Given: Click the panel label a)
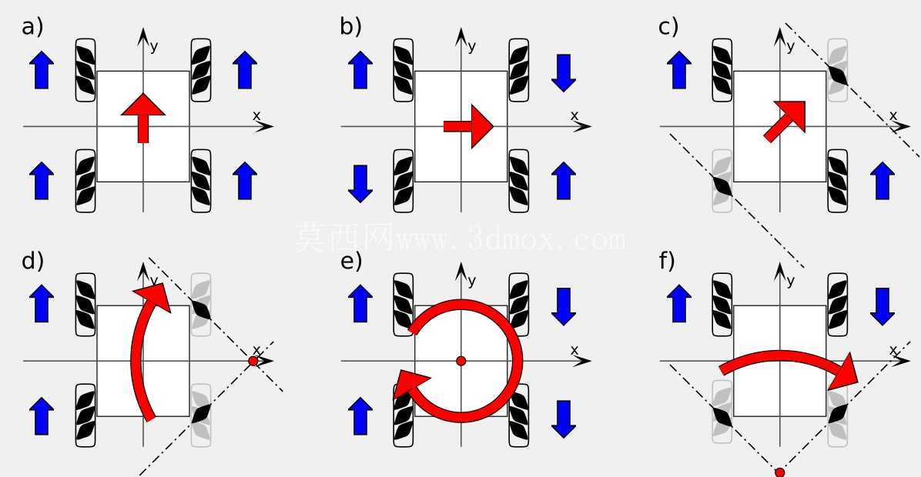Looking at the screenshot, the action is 32,27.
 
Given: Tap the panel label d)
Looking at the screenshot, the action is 33,261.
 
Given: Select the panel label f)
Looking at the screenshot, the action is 667,261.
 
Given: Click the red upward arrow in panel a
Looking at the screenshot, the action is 143,118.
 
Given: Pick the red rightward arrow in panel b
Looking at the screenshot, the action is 468,126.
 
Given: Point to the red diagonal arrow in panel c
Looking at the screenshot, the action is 785,121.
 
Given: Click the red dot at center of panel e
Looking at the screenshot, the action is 461,361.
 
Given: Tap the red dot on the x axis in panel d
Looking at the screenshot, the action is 253,361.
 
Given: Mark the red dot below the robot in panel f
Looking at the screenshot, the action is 780,472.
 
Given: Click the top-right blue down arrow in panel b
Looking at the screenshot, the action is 563,73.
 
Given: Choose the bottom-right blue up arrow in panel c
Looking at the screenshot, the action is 882,181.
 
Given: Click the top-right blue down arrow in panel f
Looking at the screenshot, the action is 882,306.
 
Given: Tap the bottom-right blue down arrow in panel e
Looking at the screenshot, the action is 563,419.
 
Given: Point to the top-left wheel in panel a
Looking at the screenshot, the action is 85,70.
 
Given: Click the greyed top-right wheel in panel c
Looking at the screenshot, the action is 838,70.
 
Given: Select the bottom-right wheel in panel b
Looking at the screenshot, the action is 519,181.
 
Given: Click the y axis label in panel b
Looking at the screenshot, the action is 471,46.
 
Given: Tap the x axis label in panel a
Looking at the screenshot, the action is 256,115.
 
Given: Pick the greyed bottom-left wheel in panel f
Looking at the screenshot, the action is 722,415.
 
